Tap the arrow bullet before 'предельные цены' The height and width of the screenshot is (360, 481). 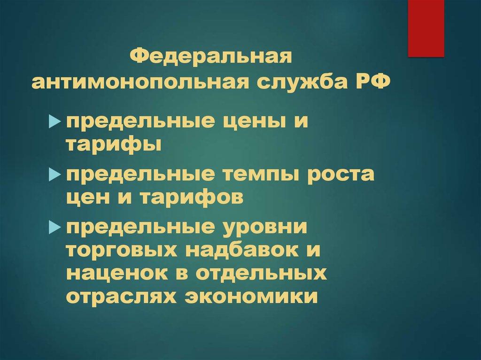[55, 123]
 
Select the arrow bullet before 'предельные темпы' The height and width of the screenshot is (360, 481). [55, 176]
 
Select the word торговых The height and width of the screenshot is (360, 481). [121, 250]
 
